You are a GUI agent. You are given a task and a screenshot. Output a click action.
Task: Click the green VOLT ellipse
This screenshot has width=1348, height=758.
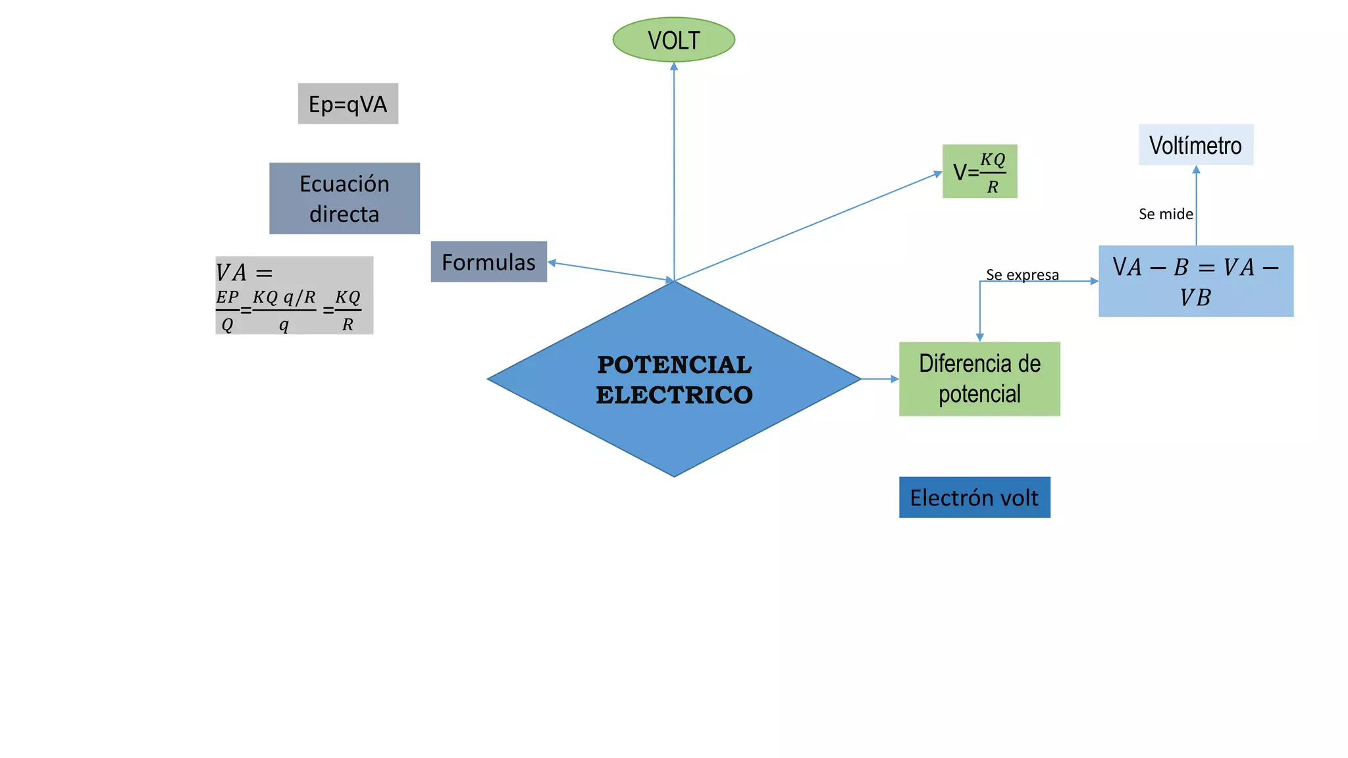click(x=673, y=39)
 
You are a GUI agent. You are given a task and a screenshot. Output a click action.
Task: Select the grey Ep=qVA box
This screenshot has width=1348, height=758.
click(x=348, y=103)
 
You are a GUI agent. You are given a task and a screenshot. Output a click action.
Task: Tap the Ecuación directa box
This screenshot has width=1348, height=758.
click(x=344, y=198)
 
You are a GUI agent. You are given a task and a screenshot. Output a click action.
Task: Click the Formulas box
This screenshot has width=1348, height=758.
click(x=488, y=262)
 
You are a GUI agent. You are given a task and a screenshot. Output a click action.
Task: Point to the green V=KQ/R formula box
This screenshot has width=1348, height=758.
click(x=979, y=171)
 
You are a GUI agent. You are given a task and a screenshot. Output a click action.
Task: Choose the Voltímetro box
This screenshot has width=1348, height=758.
click(x=1196, y=145)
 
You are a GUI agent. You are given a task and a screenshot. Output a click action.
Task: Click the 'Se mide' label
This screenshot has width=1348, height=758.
click(x=1166, y=214)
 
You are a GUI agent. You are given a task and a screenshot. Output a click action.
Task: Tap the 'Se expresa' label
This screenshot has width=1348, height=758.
click(x=1022, y=274)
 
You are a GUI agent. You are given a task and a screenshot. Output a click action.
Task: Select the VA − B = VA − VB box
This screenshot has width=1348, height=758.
click(x=1196, y=281)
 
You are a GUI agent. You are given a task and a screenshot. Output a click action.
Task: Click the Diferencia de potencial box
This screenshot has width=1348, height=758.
click(x=979, y=378)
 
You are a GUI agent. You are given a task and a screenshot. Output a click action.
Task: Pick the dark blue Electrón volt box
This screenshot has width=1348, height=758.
click(x=974, y=497)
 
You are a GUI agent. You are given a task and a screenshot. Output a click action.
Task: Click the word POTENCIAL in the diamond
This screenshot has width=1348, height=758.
click(x=674, y=365)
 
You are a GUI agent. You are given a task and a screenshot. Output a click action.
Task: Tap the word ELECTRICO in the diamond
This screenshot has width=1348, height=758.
click(x=674, y=395)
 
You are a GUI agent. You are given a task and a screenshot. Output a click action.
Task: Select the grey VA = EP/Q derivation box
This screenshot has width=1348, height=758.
click(x=294, y=295)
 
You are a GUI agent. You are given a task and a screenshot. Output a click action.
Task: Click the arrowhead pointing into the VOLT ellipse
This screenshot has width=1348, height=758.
click(x=673, y=66)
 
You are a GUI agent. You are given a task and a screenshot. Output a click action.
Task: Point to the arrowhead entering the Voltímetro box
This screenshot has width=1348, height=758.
click(x=1196, y=170)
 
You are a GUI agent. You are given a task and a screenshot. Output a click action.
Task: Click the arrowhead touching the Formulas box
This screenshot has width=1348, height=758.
click(x=552, y=263)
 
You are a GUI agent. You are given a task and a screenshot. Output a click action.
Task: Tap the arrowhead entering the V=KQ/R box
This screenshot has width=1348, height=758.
click(x=938, y=174)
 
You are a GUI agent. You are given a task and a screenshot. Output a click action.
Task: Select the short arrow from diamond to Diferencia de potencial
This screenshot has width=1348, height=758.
click(x=880, y=379)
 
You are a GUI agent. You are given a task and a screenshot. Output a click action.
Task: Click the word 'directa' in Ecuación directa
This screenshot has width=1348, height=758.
click(x=344, y=214)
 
